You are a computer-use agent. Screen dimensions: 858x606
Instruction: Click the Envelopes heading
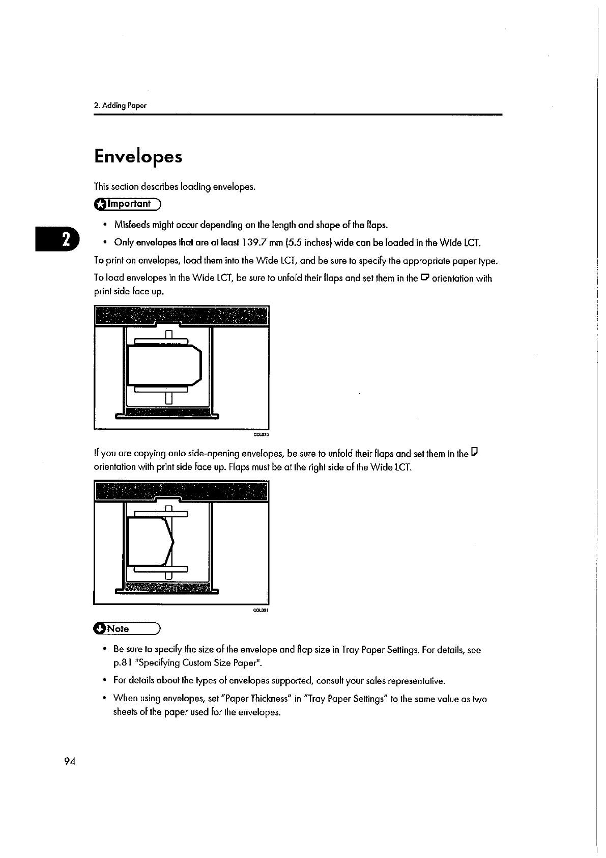138,156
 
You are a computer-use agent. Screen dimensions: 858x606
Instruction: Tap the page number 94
70,761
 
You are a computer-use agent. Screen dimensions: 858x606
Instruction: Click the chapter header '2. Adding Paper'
120,106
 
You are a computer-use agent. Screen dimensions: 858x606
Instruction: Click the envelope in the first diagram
164,365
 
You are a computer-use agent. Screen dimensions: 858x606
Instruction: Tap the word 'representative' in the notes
416,681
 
